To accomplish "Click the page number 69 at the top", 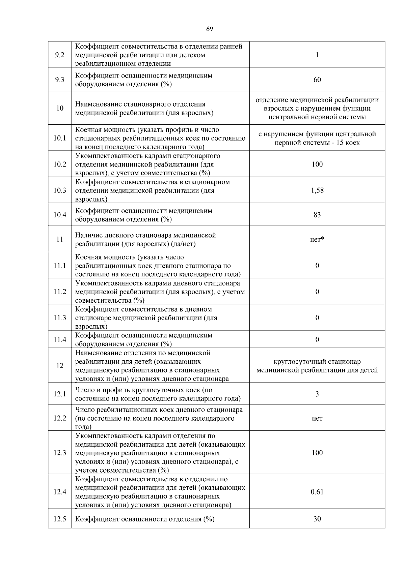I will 209,29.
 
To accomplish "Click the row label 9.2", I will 59,55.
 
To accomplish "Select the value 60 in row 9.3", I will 317,80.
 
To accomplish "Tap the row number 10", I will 59,109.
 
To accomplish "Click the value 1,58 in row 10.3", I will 317,190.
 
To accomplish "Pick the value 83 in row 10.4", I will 317,215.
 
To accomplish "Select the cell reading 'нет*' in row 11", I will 317,240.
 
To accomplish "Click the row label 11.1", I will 59,266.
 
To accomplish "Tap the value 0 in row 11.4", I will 317,340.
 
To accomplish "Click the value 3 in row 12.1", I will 317,394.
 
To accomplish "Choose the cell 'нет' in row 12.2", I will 317,418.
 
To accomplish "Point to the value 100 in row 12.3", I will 317,453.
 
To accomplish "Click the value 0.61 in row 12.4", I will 317,492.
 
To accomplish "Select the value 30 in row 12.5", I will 317,519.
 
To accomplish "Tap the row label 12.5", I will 59,519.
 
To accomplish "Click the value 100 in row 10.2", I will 317,164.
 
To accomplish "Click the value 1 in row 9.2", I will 317,55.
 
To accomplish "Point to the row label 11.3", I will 59,318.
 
